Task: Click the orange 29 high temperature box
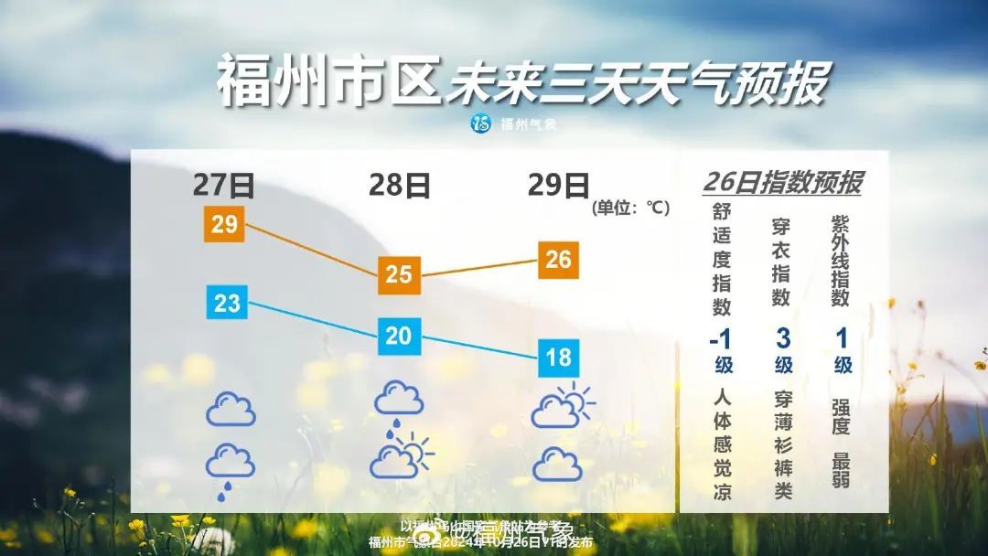[224, 224]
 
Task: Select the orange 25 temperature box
[399, 273]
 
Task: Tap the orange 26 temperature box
[558, 260]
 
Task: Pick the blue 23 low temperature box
[227, 302]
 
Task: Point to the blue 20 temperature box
[399, 336]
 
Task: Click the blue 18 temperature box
[558, 356]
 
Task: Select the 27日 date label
[223, 186]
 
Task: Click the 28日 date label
[400, 186]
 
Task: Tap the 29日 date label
[558, 186]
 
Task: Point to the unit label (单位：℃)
[631, 208]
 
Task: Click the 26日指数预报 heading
[782, 182]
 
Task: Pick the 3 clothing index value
[783, 338]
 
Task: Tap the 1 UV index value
[842, 338]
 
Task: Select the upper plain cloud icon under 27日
[231, 409]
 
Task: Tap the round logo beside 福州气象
[480, 123]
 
